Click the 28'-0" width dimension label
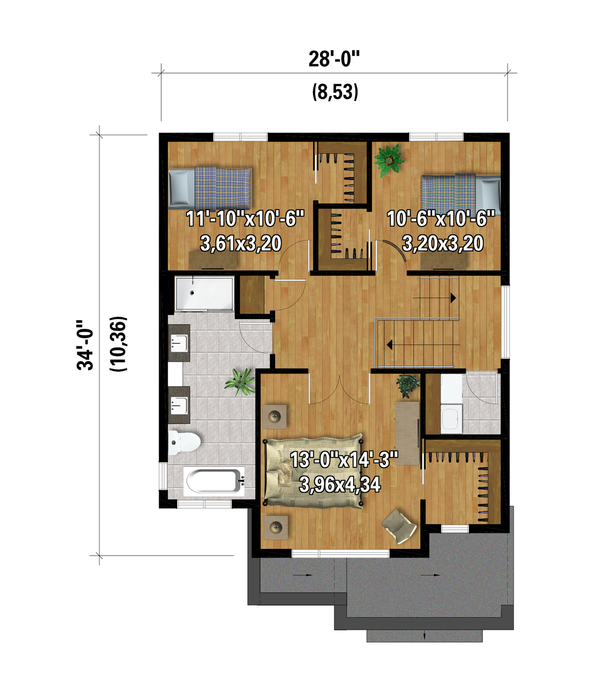pyautogui.click(x=334, y=59)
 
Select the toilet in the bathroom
pyautogui.click(x=184, y=442)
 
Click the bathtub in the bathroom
pyautogui.click(x=214, y=481)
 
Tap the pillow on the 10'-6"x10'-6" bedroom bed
pyautogui.click(x=488, y=195)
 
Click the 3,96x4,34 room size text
pyautogui.click(x=339, y=484)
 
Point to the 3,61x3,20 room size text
pyautogui.click(x=241, y=244)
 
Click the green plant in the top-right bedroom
pyautogui.click(x=389, y=161)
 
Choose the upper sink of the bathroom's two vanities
pyautogui.click(x=179, y=343)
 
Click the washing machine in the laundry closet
pyautogui.click(x=452, y=419)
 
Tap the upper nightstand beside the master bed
pyautogui.click(x=275, y=416)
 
